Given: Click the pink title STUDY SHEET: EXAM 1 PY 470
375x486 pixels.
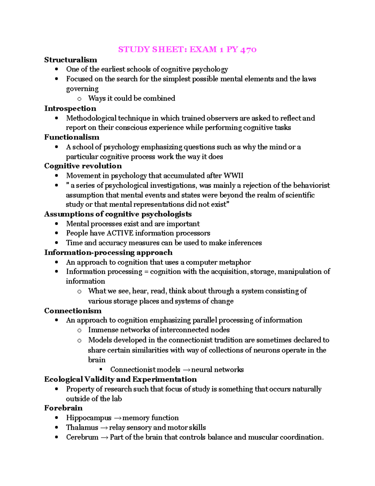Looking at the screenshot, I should coord(187,49).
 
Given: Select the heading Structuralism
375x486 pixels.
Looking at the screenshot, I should coord(71,60).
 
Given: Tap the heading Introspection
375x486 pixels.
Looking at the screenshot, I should coord(70,109).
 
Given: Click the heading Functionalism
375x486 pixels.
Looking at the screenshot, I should coord(72,137).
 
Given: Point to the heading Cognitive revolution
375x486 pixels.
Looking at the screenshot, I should coord(83,166).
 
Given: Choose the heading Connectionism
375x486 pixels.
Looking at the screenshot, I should coord(73,311).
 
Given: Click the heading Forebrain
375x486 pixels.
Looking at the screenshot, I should coord(63,408).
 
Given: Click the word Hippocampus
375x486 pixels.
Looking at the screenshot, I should coord(88,418).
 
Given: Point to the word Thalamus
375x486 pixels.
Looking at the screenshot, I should coord(82,427).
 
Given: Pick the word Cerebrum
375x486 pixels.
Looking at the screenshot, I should coord(82,437).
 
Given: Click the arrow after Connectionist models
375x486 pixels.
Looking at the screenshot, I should coord(186,370).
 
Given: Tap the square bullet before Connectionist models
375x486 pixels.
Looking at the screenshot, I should coord(101,369).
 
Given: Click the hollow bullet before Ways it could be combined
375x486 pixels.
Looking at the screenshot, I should coord(79,99).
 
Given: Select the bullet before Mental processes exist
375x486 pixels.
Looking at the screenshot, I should coord(57,224).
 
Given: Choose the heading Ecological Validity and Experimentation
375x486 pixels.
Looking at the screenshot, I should coord(120,379).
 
